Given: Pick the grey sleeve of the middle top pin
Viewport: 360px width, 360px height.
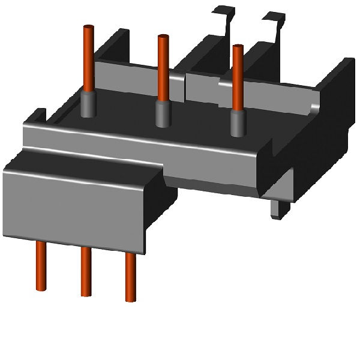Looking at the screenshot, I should (161, 113).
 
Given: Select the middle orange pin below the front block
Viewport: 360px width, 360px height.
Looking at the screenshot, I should (86, 270).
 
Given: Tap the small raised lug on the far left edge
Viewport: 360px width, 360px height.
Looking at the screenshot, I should (38, 114).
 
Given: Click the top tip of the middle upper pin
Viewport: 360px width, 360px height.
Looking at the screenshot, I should (162, 38).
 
